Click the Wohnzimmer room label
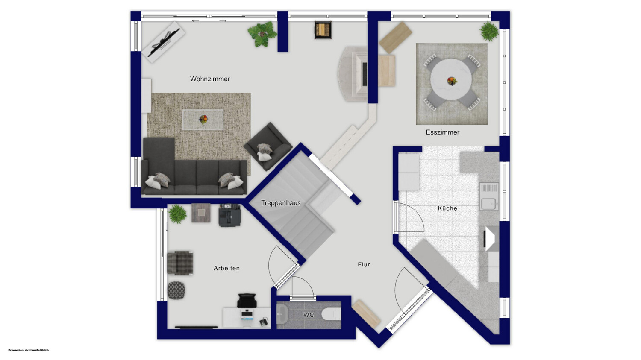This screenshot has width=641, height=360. click(x=210, y=79)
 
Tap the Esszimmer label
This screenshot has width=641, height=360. click(x=442, y=132)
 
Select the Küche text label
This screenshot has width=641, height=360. click(x=447, y=208)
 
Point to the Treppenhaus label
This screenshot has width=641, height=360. click(x=281, y=203)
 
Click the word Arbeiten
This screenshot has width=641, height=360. click(x=226, y=268)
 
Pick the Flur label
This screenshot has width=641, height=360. click(x=364, y=265)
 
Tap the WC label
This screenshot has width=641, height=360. click(x=309, y=315)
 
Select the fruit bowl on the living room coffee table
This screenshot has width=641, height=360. click(x=203, y=119)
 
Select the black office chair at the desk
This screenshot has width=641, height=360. click(x=247, y=301)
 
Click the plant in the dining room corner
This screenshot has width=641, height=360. click(x=489, y=31)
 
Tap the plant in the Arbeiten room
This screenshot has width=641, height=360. click(x=178, y=214)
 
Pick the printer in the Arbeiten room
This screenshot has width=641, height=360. click(x=229, y=215)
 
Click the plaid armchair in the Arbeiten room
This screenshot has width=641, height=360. click(x=180, y=263)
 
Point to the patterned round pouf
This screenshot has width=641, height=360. click(x=176, y=290)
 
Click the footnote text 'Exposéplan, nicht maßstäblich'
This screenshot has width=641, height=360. click(x=28, y=350)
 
